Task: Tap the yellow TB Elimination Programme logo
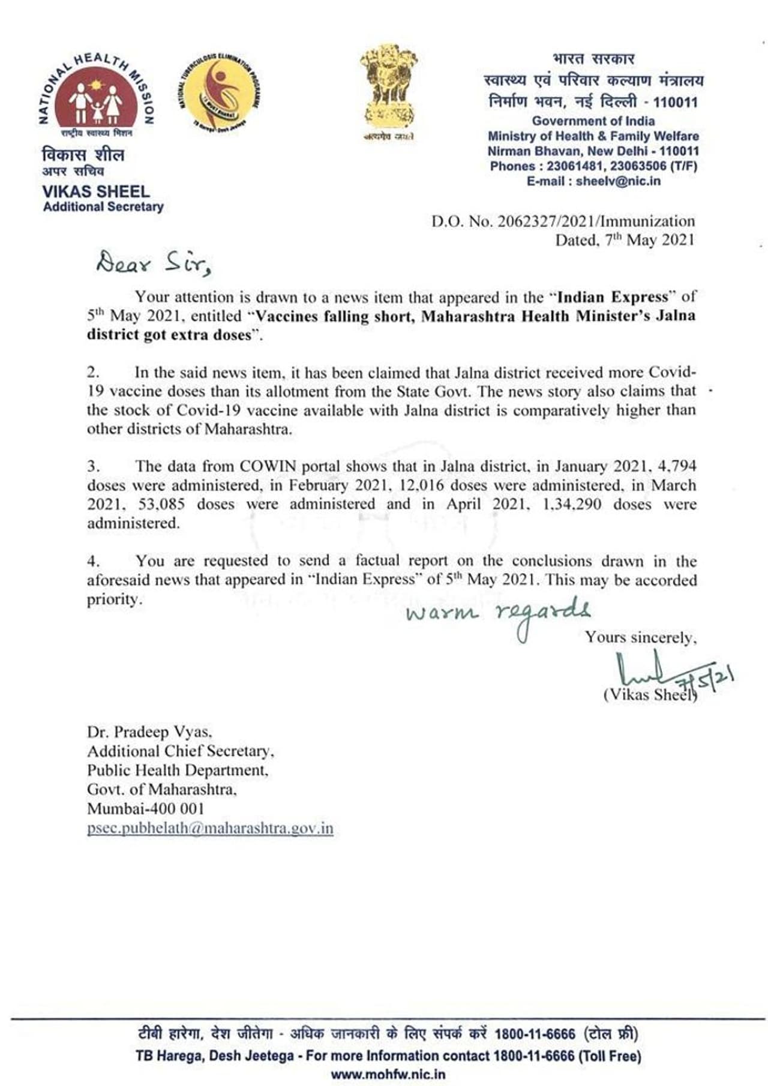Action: (x=220, y=91)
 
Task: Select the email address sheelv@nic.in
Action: (x=618, y=181)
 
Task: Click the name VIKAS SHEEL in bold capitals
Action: (x=96, y=191)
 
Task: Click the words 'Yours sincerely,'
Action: (x=641, y=637)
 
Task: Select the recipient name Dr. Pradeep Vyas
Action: (x=149, y=732)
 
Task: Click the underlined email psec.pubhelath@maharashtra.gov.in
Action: (x=210, y=829)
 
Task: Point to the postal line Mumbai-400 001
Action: (x=146, y=809)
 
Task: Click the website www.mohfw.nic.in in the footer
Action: (x=388, y=1074)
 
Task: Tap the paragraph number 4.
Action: (x=93, y=561)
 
